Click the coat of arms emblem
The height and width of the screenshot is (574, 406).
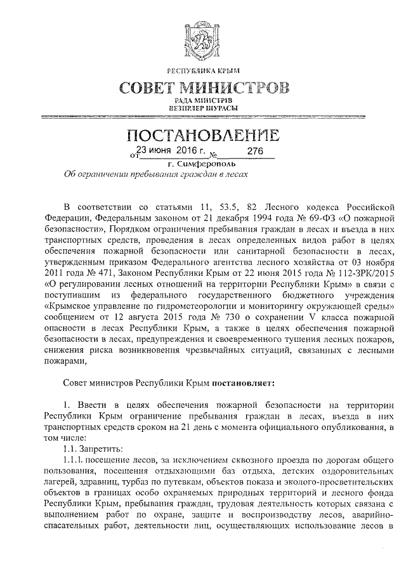[x=204, y=34]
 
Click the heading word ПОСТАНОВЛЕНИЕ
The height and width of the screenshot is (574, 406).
[x=204, y=136]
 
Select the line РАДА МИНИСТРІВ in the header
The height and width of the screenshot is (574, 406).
[x=204, y=100]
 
